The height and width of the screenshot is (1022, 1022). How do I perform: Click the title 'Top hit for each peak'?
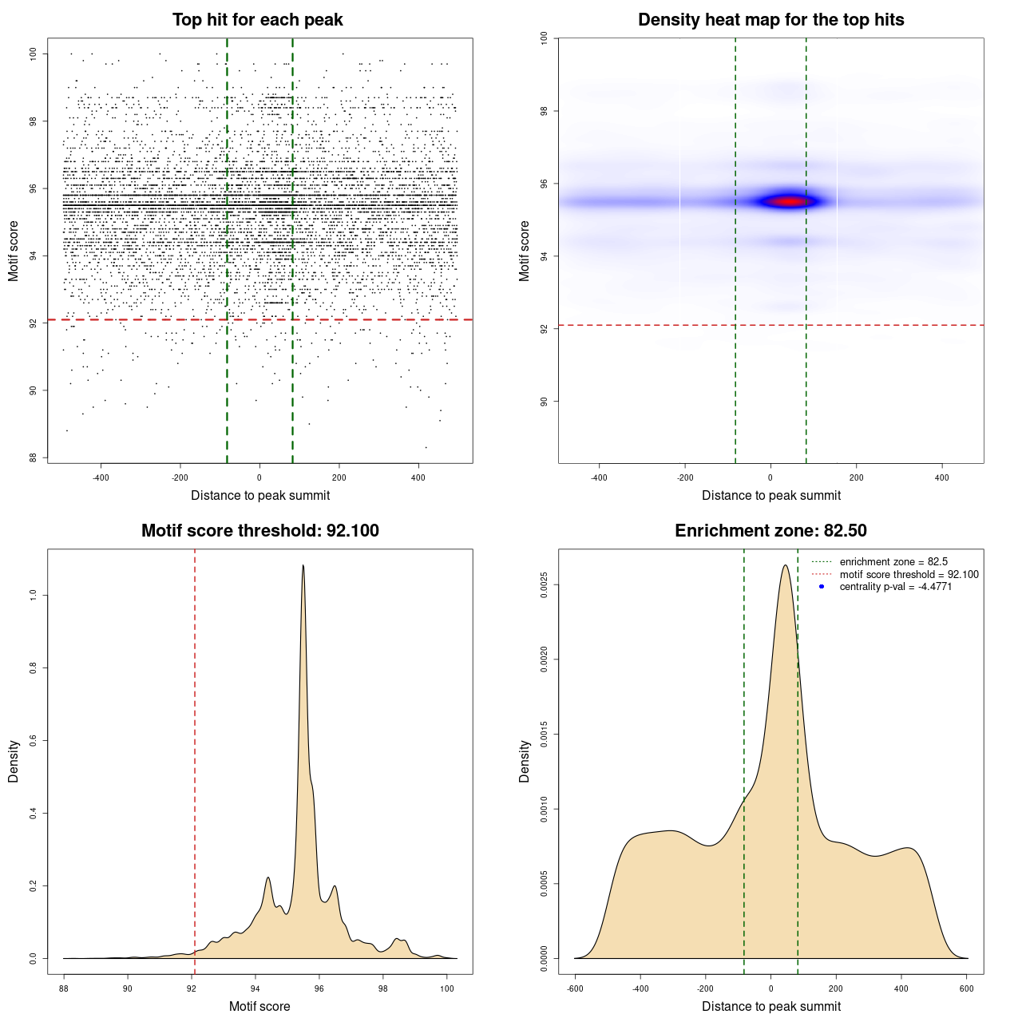coord(258,20)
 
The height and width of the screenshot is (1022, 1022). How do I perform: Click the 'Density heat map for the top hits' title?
coord(770,20)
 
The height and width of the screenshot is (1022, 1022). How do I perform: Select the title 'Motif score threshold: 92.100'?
coord(259,531)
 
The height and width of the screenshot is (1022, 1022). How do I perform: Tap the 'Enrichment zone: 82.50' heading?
coord(770,531)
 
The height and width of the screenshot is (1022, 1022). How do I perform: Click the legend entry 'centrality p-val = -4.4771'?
coord(895,587)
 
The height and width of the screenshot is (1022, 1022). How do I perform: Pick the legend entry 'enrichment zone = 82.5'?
coord(893,562)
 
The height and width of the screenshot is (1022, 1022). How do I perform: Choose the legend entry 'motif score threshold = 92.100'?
coord(909,575)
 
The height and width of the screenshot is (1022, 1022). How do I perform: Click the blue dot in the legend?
coord(822,587)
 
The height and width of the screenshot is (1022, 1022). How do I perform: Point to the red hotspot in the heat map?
coord(789,201)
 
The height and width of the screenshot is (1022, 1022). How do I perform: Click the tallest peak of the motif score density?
coord(303,566)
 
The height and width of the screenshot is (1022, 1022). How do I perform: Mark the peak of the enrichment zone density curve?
coord(786,566)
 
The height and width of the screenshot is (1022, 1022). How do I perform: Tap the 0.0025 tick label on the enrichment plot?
coord(545,585)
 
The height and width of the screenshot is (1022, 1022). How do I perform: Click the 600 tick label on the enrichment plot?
coord(967,988)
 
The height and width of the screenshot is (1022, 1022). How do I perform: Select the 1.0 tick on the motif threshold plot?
coord(34,595)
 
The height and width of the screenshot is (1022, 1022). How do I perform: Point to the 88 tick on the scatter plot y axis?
coord(34,458)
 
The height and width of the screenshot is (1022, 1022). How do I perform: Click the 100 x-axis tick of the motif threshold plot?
coord(447,988)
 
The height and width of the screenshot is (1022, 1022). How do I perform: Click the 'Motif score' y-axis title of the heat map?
coord(525,251)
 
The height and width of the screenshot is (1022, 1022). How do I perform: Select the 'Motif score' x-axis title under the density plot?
coord(259,1006)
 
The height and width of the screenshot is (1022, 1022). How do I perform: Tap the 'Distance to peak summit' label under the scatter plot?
coord(260,495)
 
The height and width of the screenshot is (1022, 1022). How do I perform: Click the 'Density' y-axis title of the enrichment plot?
coord(525,761)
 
